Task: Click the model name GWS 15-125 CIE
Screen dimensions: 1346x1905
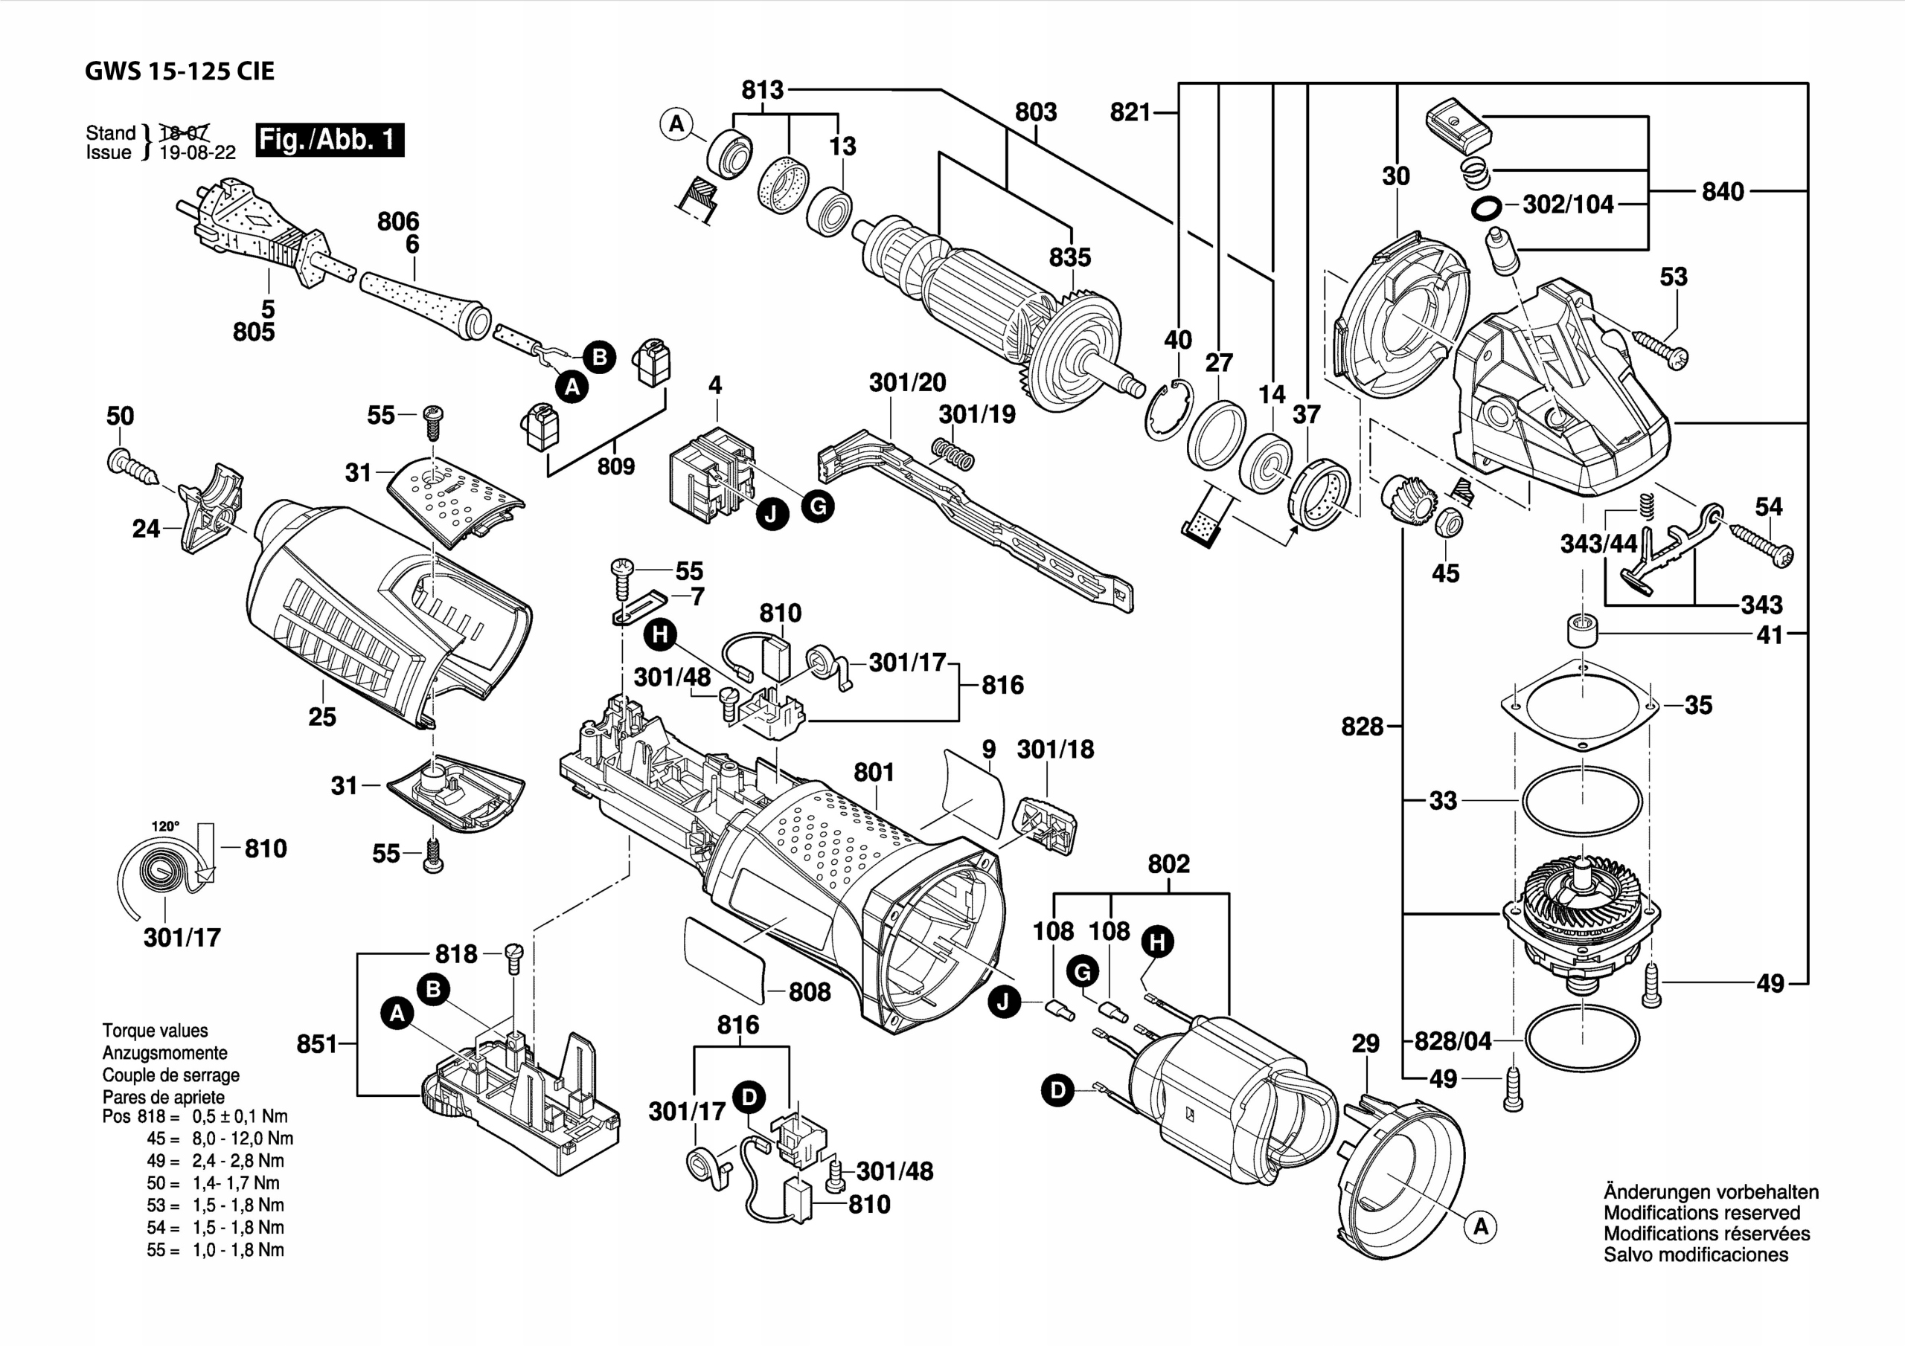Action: (179, 71)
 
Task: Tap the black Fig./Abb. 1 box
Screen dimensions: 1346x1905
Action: (330, 139)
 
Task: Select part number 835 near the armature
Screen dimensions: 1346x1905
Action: (1069, 257)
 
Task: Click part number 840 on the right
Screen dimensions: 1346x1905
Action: (1723, 192)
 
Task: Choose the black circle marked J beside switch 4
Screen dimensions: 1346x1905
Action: (772, 514)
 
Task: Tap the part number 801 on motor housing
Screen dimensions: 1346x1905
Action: (874, 772)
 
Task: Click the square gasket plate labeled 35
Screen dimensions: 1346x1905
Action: (1581, 705)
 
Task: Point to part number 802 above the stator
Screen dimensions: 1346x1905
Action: (1168, 864)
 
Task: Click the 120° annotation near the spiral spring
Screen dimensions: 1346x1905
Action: (165, 826)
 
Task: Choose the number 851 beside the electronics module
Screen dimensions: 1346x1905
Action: (317, 1043)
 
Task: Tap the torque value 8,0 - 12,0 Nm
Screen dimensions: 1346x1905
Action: (243, 1139)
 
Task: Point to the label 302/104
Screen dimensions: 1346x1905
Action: (1567, 205)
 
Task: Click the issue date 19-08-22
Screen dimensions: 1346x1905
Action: (197, 152)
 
